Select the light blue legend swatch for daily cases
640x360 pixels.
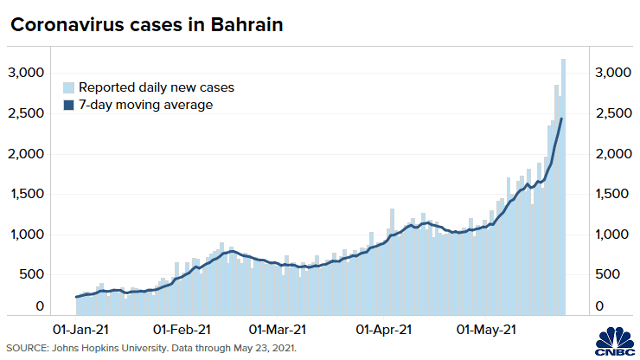coord(68,87)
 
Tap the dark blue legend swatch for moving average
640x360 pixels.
coord(68,105)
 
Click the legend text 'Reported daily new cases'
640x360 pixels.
coord(157,87)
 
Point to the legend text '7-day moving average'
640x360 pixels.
coord(145,105)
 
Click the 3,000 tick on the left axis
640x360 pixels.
coord(27,73)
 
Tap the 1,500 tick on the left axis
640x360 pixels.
coord(27,194)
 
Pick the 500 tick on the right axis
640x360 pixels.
coord(608,274)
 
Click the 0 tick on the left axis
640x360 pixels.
coord(39,306)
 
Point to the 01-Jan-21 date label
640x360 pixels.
coord(82,329)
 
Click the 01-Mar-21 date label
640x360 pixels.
coord(277,329)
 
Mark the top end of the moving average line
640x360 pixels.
coord(561,119)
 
